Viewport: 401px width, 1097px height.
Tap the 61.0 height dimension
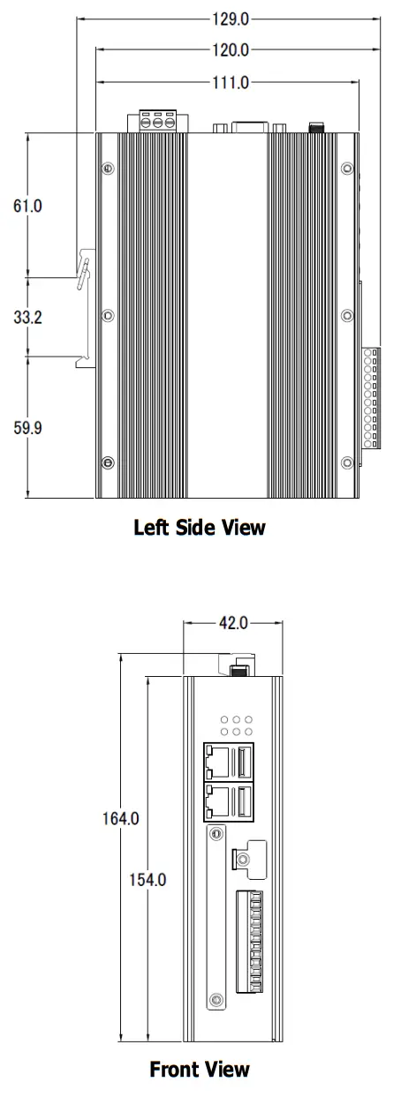[x=27, y=206]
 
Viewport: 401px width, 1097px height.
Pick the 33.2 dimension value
[x=27, y=318]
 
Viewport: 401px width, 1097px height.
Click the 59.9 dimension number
[x=27, y=428]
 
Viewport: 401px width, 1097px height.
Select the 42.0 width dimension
[x=233, y=623]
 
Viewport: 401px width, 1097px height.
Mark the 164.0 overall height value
[x=120, y=818]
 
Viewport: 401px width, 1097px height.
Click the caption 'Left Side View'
[x=200, y=528]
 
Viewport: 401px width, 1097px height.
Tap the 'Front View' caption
[x=200, y=1070]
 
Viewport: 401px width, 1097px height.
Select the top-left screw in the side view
[x=108, y=169]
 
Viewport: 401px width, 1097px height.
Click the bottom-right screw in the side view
[x=347, y=462]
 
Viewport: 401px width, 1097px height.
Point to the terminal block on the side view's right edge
[x=371, y=397]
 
